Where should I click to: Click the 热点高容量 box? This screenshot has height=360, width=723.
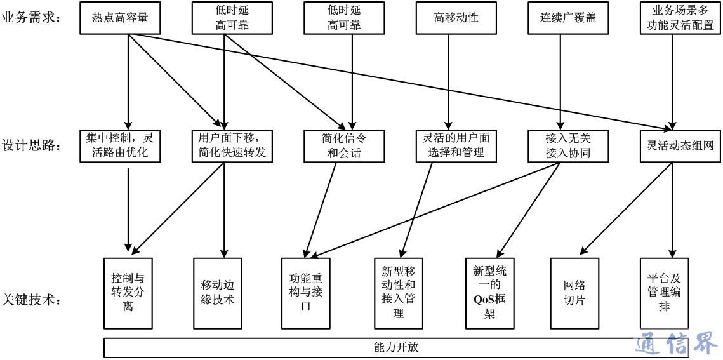coord(120,18)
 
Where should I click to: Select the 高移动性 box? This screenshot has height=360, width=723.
coord(456,18)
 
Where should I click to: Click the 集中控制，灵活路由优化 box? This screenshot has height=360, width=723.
coord(120,145)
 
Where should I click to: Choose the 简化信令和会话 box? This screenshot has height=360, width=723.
coord(344,145)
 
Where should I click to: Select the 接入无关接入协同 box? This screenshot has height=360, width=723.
coord(560,145)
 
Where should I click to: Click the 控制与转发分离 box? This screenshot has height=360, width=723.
coord(128,293)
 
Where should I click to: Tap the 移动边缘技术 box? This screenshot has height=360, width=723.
coord(218,293)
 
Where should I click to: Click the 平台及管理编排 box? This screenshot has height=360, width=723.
coord(663,293)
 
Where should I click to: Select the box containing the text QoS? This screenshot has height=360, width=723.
coord(489,293)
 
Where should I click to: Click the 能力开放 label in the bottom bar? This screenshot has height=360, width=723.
coord(396,348)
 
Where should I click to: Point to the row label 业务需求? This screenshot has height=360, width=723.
coord(31,18)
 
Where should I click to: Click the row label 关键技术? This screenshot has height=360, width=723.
coord(31,299)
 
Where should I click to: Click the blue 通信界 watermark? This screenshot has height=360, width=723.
coord(677,343)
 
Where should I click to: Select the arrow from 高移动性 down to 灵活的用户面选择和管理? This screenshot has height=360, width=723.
coord(449,79)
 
